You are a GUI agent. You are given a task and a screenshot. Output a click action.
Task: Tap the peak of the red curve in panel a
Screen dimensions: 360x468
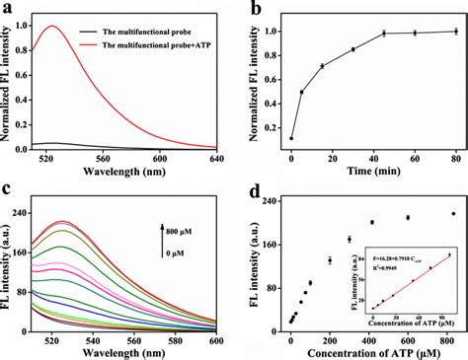pyautogui.click(x=52, y=27)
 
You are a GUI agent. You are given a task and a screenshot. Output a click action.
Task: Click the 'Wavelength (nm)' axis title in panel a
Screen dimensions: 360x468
pyautogui.click(x=125, y=175)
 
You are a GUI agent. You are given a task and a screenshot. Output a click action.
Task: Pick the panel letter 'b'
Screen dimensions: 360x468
pyautogui.click(x=259, y=12)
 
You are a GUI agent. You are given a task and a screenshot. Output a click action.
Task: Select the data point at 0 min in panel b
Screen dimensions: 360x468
pyautogui.click(x=290, y=138)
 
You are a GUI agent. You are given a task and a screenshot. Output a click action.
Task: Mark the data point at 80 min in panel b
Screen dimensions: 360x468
pyautogui.click(x=455, y=32)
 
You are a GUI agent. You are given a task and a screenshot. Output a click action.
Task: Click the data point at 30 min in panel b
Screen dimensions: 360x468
pyautogui.click(x=352, y=49)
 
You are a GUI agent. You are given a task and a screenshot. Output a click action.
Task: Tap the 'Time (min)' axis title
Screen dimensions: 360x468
pyautogui.click(x=372, y=175)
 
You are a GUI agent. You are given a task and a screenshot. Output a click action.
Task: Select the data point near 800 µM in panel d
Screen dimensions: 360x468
pyautogui.click(x=453, y=214)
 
